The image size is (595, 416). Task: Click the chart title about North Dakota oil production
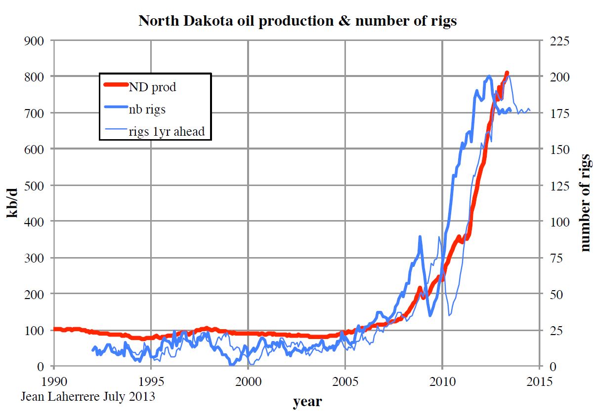tap(297, 21)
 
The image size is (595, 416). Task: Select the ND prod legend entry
tap(153, 87)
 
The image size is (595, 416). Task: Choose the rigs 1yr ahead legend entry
tap(167, 132)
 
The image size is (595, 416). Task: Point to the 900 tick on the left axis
tap(34, 40)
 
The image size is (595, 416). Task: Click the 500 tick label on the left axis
tap(34, 185)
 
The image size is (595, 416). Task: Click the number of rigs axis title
tap(586, 203)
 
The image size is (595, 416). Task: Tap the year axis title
tap(307, 402)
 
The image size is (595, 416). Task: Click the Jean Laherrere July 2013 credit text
tap(88, 396)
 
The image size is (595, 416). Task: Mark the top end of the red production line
tap(507, 73)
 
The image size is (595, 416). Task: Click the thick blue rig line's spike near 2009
tap(420, 237)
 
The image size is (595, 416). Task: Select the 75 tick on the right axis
tap(557, 258)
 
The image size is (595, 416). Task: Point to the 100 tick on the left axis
tap(34, 330)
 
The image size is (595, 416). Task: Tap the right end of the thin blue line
tap(530, 110)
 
